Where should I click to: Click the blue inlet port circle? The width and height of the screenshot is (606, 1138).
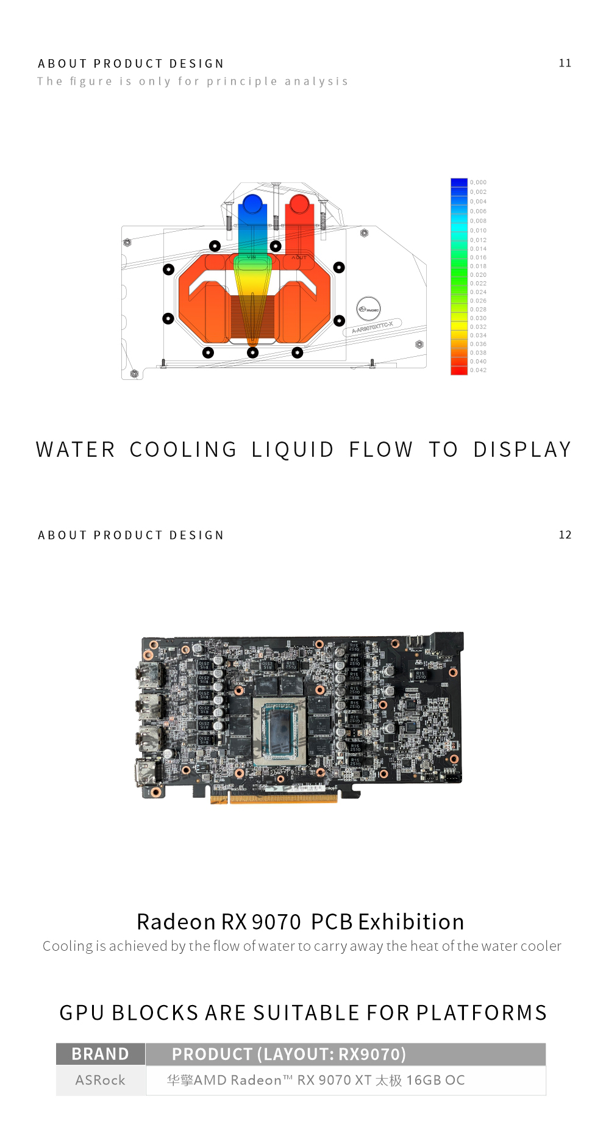pyautogui.click(x=252, y=204)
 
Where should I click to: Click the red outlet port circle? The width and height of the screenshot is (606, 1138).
pyautogui.click(x=299, y=204)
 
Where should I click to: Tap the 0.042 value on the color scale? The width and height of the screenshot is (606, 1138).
pyautogui.click(x=479, y=370)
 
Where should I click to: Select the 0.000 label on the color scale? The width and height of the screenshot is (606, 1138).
pyautogui.click(x=479, y=182)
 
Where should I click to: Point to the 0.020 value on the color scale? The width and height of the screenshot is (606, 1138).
pyautogui.click(x=479, y=275)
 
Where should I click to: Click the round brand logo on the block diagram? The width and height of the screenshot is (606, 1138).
pyautogui.click(x=368, y=309)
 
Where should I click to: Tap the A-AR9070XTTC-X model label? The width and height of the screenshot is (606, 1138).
pyautogui.click(x=373, y=327)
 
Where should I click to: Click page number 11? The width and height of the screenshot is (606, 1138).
pyautogui.click(x=565, y=63)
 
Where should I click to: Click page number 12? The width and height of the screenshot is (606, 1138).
pyautogui.click(x=565, y=535)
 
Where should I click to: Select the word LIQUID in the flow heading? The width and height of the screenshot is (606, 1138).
pyautogui.click(x=293, y=449)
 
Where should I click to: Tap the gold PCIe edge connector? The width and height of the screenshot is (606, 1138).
pyautogui.click(x=274, y=798)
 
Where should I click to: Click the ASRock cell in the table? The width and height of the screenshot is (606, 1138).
pyautogui.click(x=101, y=1080)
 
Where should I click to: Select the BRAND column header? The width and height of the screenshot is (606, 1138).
pyautogui.click(x=101, y=1054)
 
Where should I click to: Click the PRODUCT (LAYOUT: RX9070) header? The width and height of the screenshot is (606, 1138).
pyautogui.click(x=289, y=1054)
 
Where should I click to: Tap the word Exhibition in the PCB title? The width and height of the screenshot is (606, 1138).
pyautogui.click(x=411, y=921)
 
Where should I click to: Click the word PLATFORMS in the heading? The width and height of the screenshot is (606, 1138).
pyautogui.click(x=482, y=1012)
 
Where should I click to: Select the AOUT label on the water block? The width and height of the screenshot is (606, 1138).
pyautogui.click(x=299, y=258)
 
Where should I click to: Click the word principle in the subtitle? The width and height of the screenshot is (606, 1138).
pyautogui.click(x=242, y=81)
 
